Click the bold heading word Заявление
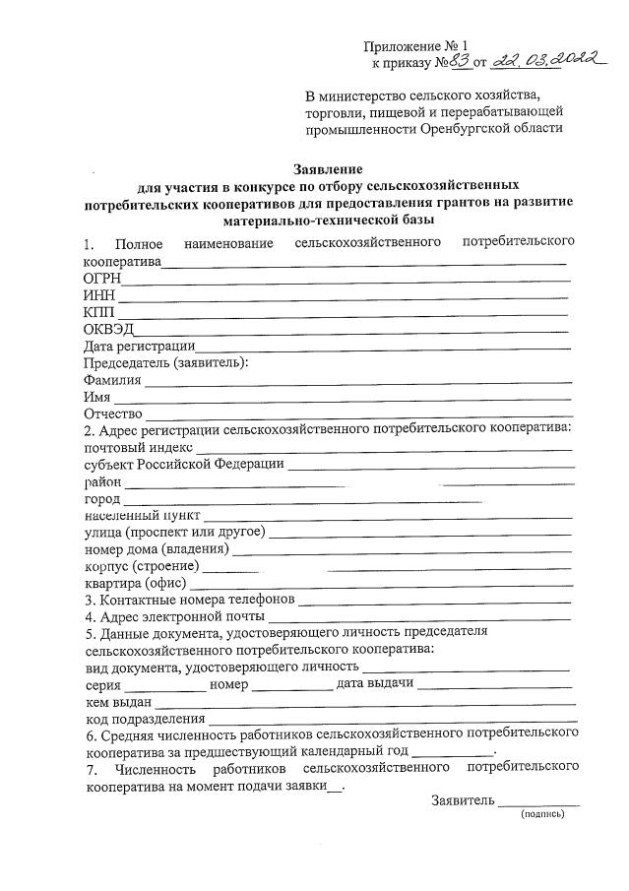coord(328,166)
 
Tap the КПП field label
coord(99,312)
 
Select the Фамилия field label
coord(113,379)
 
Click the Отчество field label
coord(114,414)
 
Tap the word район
coord(103,481)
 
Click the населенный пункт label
coord(143,515)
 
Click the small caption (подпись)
coord(541,813)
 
